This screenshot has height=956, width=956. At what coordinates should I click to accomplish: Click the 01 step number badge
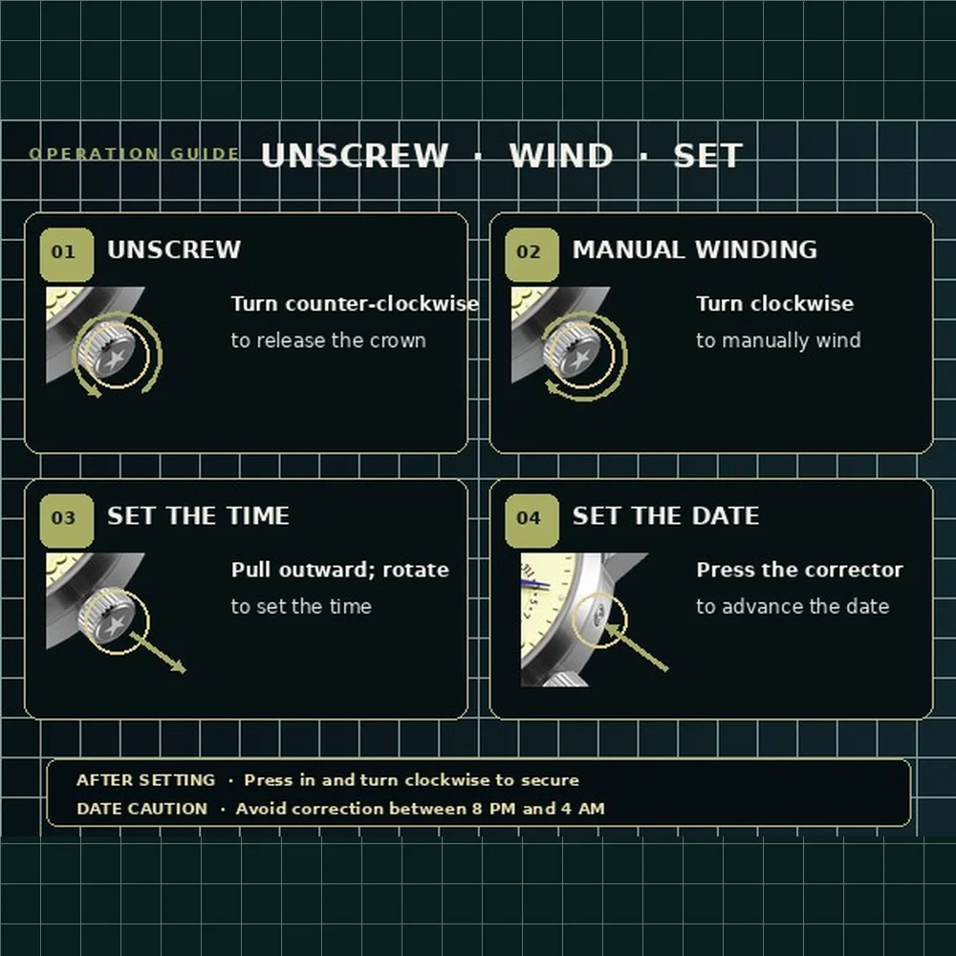(67, 255)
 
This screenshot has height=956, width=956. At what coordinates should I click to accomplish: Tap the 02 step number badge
(532, 255)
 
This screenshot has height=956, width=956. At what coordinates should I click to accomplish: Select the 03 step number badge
(67, 521)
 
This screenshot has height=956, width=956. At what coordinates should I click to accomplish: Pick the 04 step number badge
(532, 521)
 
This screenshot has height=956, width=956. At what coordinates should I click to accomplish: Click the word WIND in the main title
(561, 156)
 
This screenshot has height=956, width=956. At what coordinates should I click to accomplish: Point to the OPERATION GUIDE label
(134, 154)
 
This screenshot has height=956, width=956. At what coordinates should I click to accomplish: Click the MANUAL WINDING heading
(694, 250)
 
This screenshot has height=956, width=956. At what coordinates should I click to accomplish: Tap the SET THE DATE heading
(665, 516)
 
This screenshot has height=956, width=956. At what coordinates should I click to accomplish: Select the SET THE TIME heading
(198, 516)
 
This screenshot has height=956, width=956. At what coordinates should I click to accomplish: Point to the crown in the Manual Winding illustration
(575, 353)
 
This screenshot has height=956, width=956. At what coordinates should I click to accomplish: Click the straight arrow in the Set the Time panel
(158, 652)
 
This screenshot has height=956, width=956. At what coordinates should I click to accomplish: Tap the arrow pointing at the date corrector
(636, 647)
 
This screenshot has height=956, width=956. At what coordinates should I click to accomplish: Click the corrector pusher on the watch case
(598, 615)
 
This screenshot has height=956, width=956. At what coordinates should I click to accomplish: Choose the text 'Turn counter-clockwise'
(355, 304)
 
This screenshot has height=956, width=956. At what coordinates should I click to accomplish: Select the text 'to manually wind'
(778, 340)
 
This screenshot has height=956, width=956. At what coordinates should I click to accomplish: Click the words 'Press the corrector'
(799, 570)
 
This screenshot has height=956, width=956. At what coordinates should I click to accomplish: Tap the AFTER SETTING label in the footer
(145, 780)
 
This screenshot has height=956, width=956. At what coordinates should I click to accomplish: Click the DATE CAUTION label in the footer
(142, 809)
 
